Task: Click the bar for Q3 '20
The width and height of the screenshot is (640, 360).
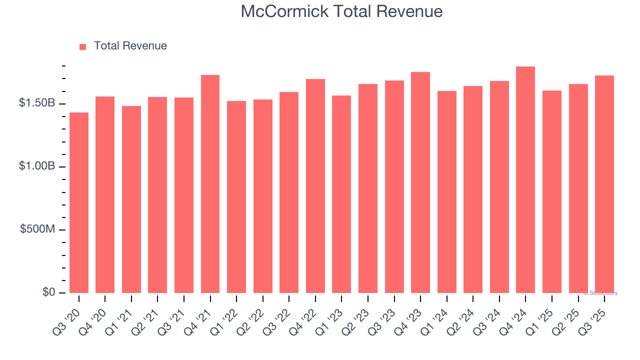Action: [79, 202]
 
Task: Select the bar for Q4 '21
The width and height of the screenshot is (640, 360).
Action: [210, 184]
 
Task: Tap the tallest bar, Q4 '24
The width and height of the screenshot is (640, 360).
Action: [525, 179]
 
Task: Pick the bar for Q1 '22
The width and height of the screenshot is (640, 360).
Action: [236, 197]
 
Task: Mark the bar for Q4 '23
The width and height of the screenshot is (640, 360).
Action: [420, 182]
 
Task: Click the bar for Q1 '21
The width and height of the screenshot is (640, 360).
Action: [131, 199]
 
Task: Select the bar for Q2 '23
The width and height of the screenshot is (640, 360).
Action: [368, 188]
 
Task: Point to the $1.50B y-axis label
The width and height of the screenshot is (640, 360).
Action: [37, 103]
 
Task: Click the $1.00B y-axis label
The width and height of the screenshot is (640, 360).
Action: [37, 166]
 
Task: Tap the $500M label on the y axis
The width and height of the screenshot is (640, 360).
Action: [38, 229]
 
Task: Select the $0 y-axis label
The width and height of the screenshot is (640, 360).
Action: [48, 292]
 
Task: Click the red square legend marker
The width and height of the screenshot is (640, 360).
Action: [83, 46]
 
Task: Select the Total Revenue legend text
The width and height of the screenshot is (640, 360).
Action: [130, 46]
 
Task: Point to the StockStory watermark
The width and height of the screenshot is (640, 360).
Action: [600, 293]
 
